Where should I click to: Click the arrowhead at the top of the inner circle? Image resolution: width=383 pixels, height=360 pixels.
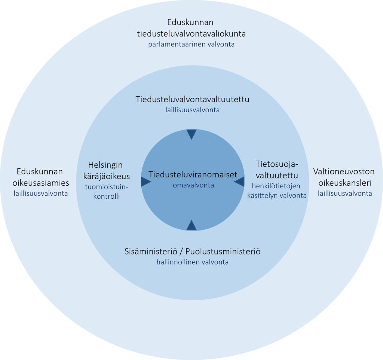pyautogui.click(x=191, y=134)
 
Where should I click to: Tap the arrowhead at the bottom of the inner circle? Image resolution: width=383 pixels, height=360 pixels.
pyautogui.click(x=191, y=225)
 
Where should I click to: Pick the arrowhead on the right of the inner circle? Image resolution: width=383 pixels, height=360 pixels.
pyautogui.click(x=239, y=181)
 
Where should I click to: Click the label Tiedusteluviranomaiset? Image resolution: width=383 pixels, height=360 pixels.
pyautogui.click(x=193, y=174)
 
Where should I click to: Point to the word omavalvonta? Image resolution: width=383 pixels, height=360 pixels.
pyautogui.click(x=193, y=185)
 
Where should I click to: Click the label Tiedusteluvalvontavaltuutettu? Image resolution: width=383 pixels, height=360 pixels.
pyautogui.click(x=193, y=100)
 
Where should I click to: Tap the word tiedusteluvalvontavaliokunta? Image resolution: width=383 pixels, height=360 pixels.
pyautogui.click(x=191, y=34)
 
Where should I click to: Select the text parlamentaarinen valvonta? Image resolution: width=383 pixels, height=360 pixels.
pyautogui.click(x=191, y=45)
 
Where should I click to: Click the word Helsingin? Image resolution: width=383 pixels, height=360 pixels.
pyautogui.click(x=105, y=165)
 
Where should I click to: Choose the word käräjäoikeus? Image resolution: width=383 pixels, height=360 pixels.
pyautogui.click(x=107, y=177)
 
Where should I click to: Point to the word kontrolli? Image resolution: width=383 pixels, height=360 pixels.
pyautogui.click(x=107, y=196)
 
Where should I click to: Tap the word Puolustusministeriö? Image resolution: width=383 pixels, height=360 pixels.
pyautogui.click(x=223, y=251)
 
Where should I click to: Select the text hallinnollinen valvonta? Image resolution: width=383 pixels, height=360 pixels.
pyautogui.click(x=193, y=262)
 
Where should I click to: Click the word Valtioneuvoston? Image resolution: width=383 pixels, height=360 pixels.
pyautogui.click(x=344, y=171)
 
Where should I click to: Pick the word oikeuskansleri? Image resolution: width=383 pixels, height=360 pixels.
pyautogui.click(x=344, y=183)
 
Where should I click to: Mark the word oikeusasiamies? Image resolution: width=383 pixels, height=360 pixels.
pyautogui.click(x=41, y=183)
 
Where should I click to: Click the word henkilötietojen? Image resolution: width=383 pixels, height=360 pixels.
pyautogui.click(x=276, y=186)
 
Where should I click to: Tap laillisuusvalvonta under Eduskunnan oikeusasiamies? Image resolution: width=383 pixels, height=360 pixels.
pyautogui.click(x=40, y=193)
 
